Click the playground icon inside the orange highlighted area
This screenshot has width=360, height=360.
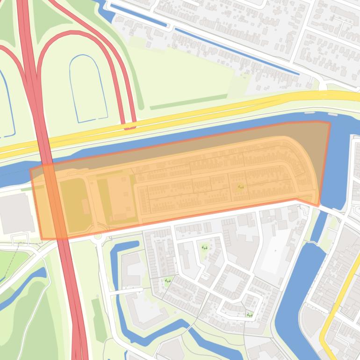pyautogui.click(x=241, y=187)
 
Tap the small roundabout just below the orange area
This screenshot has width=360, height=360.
pyautogui.click(x=98, y=236)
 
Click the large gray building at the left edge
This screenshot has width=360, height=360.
pyautogui.click(x=16, y=213)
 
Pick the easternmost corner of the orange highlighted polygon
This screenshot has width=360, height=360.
pyautogui.click(x=330, y=123)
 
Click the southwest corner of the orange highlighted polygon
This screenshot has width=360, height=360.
pyautogui.click(x=42, y=239)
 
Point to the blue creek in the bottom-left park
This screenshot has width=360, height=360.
pyautogui.click(x=23, y=290)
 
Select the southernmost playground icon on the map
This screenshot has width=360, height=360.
pyautogui.click(x=250, y=315)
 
